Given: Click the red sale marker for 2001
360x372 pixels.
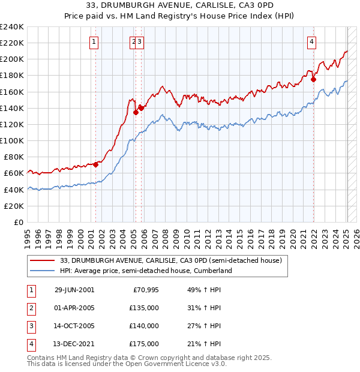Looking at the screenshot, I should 96,164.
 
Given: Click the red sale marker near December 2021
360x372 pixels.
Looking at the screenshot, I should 313,79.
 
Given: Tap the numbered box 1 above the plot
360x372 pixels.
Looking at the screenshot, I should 95,41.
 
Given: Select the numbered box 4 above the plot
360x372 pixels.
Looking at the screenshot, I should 312,41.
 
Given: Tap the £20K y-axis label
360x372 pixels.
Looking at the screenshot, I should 14,205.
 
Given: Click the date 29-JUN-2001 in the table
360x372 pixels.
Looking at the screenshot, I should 74,290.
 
